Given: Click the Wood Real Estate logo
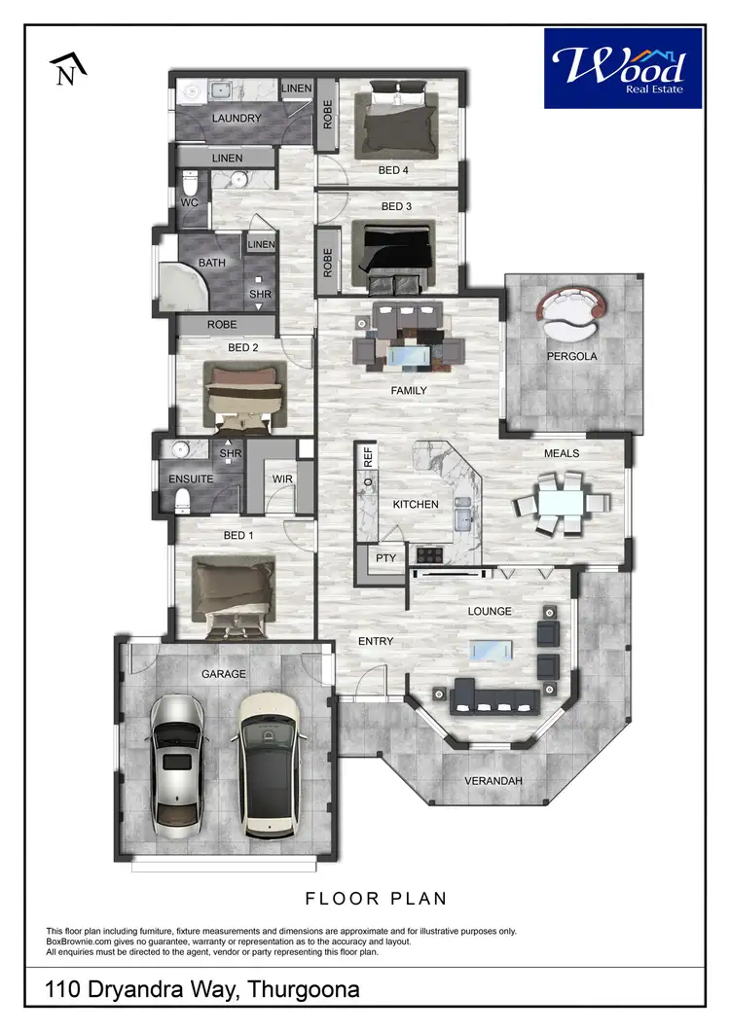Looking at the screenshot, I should [622, 68].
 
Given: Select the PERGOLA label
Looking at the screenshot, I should [571, 356].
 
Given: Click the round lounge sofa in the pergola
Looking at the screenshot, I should [571, 312].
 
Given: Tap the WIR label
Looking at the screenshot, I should [283, 479].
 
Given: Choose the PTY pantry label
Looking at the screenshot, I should [384, 557].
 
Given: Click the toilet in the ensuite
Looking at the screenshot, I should [182, 500].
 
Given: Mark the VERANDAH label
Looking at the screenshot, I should [488, 780].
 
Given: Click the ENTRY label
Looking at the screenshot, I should [376, 641].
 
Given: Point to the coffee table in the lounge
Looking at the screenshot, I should [493, 652].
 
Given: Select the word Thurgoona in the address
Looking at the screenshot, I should [304, 990].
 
